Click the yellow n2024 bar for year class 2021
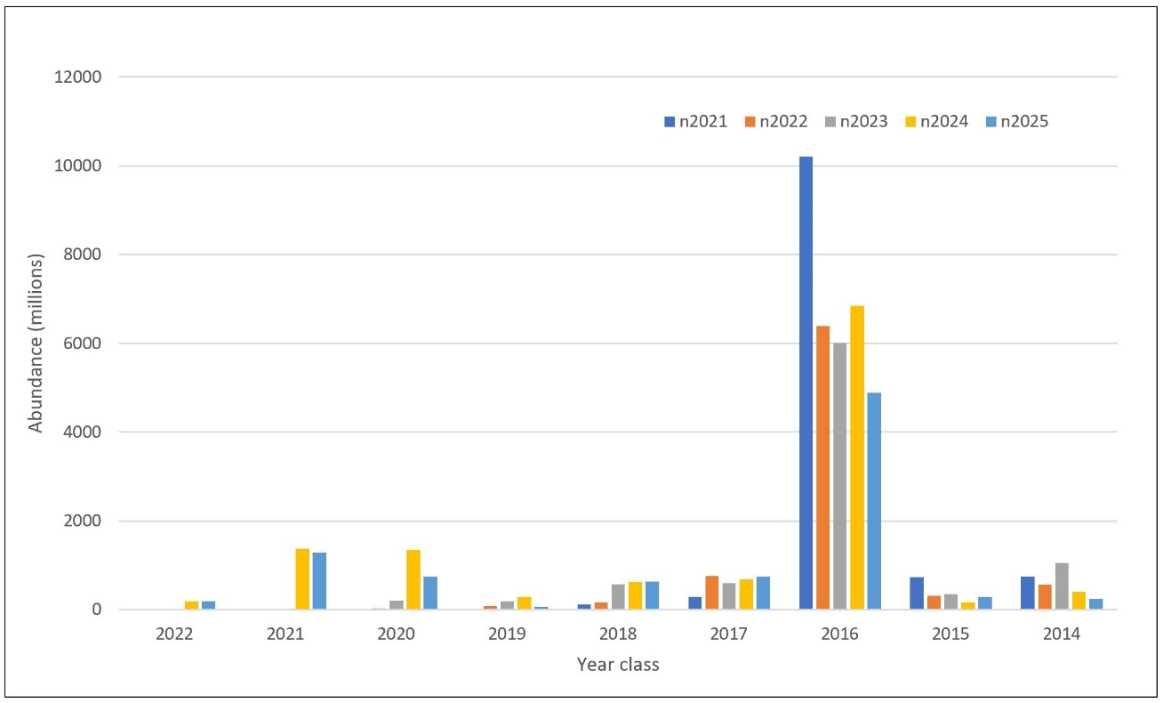pyautogui.click(x=302, y=579)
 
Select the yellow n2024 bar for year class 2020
pyautogui.click(x=413, y=579)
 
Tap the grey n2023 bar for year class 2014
pyautogui.click(x=1062, y=586)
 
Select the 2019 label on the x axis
pyautogui.click(x=508, y=635)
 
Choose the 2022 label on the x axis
pyautogui.click(x=174, y=635)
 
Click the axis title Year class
pyautogui.click(x=617, y=665)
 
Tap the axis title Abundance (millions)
pyautogui.click(x=36, y=343)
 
